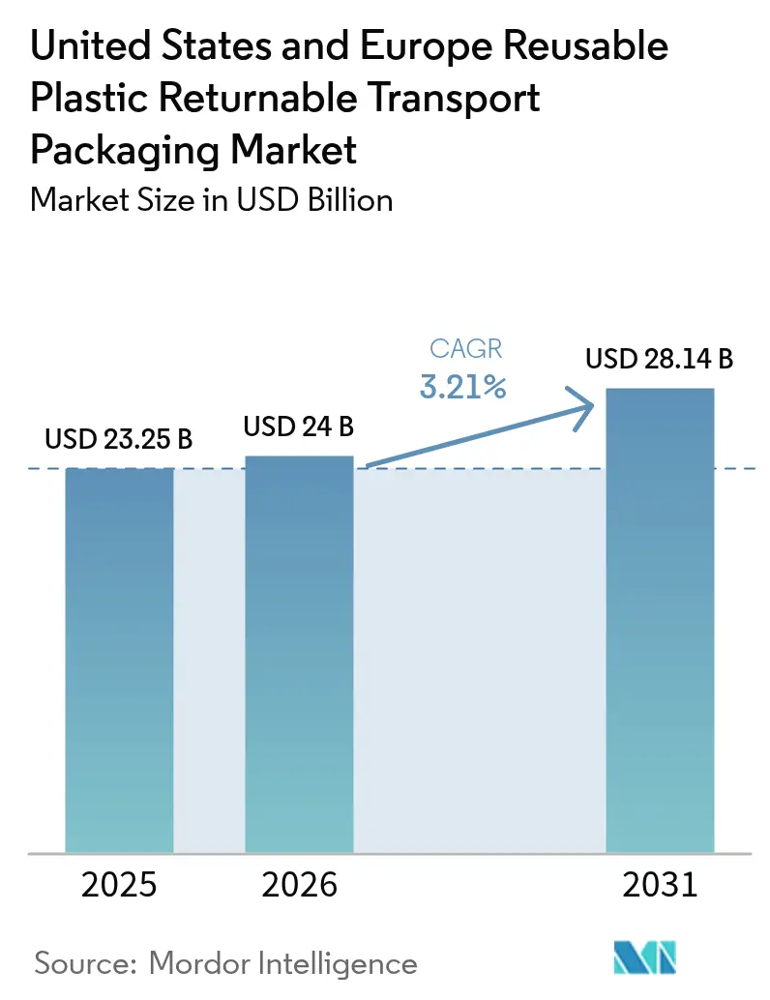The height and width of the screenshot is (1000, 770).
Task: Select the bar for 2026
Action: [x=300, y=654]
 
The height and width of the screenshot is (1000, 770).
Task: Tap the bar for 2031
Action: [x=660, y=620]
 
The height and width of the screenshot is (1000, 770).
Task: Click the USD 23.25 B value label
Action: [x=119, y=440]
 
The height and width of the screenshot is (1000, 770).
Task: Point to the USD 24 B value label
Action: [x=299, y=426]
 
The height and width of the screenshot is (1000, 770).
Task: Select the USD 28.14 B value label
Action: [x=660, y=360]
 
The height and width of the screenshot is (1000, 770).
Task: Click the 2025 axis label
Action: [x=119, y=885]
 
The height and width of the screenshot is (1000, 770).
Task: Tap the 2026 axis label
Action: [x=299, y=885]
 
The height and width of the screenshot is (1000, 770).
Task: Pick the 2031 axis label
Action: [x=660, y=885]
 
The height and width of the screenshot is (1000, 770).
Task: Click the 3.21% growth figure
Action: [x=463, y=388]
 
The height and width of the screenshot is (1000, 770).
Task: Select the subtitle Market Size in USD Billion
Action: [x=212, y=200]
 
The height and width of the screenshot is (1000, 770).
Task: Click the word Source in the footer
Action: [x=85, y=963]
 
